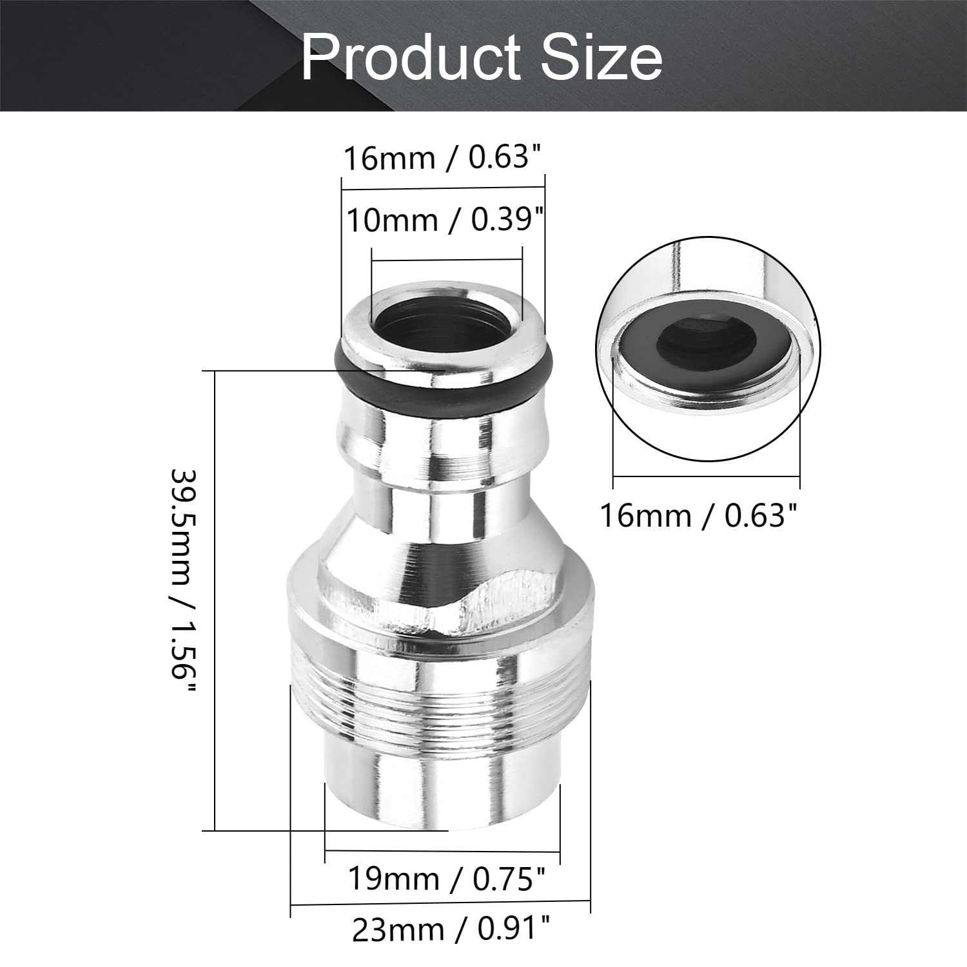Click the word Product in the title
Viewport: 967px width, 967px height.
tap(411, 59)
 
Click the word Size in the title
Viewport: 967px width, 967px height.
tap(601, 59)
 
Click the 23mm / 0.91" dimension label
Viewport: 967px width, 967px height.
tap(451, 930)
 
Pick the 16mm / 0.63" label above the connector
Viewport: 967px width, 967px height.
tap(442, 158)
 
